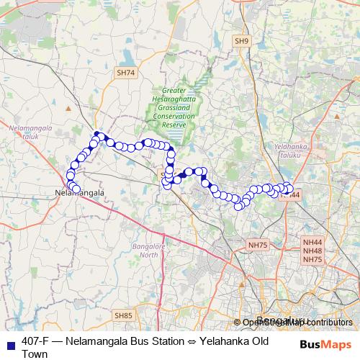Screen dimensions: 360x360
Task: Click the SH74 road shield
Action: pyautogui.click(x=125, y=73)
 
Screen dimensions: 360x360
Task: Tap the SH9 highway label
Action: pyautogui.click(x=241, y=42)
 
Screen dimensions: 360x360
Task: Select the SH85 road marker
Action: pyautogui.click(x=123, y=315)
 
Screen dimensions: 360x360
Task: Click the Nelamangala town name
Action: pyautogui.click(x=80, y=194)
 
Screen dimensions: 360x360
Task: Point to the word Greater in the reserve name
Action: pyautogui.click(x=174, y=91)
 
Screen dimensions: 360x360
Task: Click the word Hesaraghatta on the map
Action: pyautogui.click(x=174, y=99)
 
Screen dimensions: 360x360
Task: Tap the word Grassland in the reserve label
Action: pyautogui.click(x=174, y=108)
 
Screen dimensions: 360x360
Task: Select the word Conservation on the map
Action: pyautogui.click(x=174, y=116)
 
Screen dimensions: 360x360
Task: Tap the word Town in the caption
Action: pyautogui.click(x=35, y=354)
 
